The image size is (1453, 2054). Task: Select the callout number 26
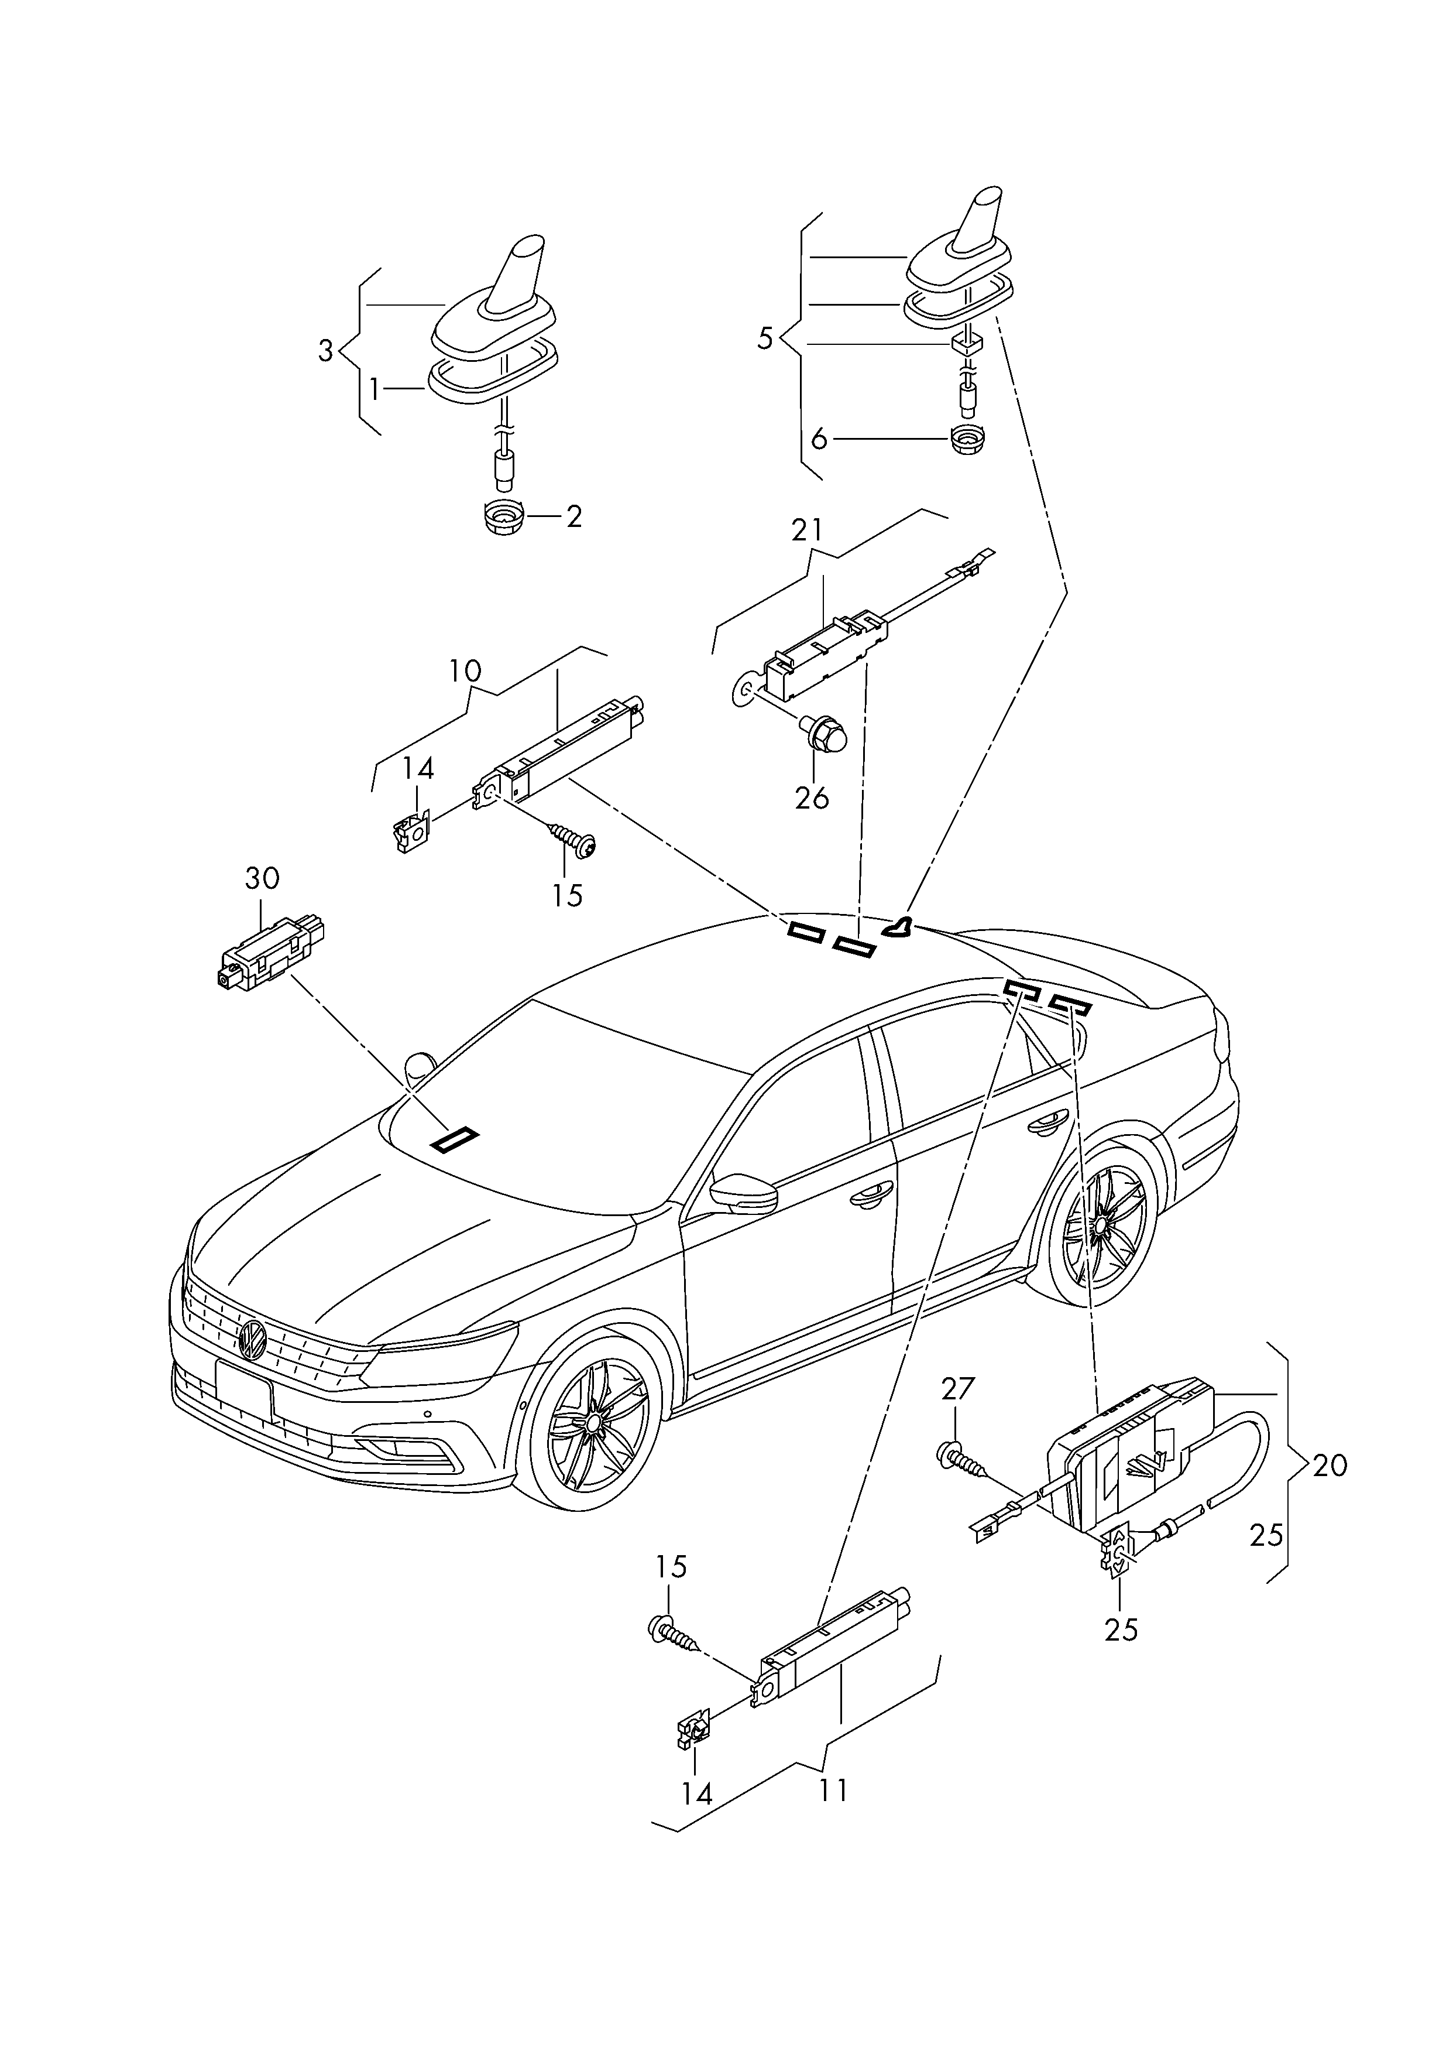[812, 797]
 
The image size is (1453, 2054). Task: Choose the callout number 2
[573, 516]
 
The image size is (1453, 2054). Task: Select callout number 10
[465, 670]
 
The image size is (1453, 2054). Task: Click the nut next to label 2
[504, 517]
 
